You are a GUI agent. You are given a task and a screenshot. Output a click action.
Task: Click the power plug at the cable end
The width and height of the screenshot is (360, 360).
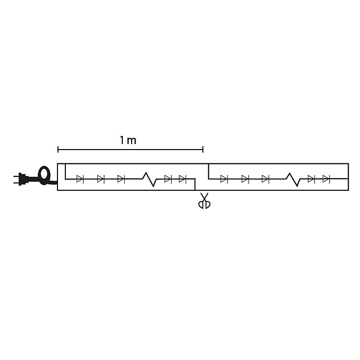point(22,179)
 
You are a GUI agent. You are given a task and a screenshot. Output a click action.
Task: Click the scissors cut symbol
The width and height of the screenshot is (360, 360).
point(204,201)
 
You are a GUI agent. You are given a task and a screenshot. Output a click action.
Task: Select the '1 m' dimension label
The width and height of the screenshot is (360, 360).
point(128,140)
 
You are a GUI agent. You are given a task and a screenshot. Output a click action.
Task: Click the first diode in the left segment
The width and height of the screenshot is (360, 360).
point(80,179)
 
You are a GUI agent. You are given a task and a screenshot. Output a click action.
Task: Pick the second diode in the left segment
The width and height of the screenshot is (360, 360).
point(101,179)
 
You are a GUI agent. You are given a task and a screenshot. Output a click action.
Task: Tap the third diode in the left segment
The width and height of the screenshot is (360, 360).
point(121,179)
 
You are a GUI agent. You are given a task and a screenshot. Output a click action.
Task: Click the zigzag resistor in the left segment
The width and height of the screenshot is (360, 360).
point(149,179)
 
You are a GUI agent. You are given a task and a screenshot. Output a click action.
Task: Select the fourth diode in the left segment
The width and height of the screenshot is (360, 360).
point(168,179)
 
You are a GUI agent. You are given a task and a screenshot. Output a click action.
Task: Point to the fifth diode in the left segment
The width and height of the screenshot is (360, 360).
point(183,179)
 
